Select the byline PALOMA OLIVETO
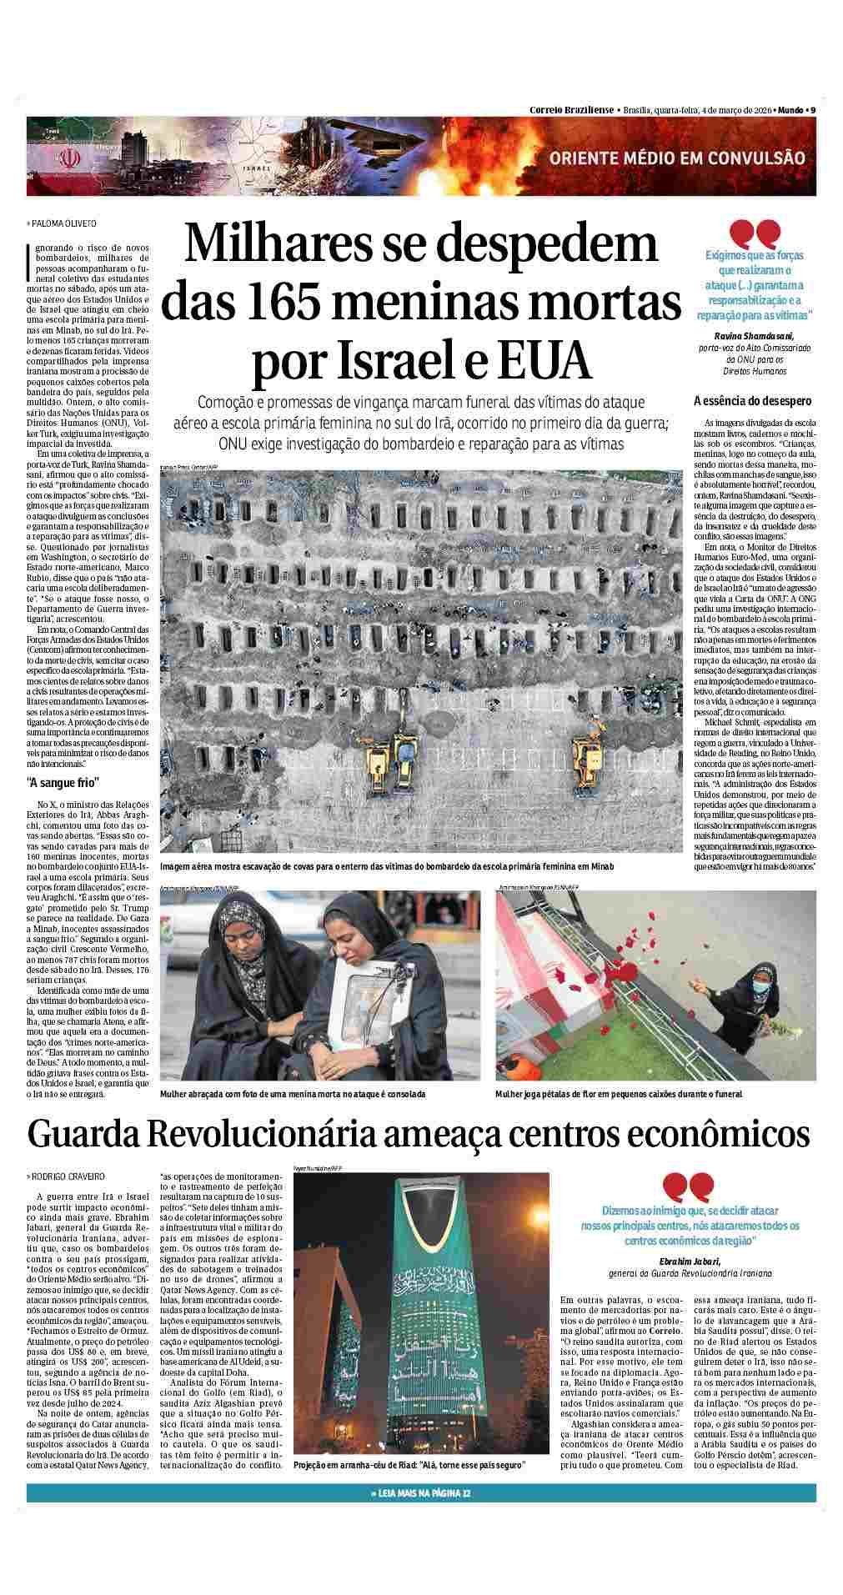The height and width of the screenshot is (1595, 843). point(63,223)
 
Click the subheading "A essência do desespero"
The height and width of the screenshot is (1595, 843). point(752,401)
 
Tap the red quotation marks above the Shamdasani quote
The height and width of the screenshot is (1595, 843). point(755,231)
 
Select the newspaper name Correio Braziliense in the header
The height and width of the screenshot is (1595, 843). point(572,110)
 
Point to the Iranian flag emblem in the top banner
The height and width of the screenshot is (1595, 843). point(70,158)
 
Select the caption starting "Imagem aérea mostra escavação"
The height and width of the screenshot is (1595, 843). point(387,867)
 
